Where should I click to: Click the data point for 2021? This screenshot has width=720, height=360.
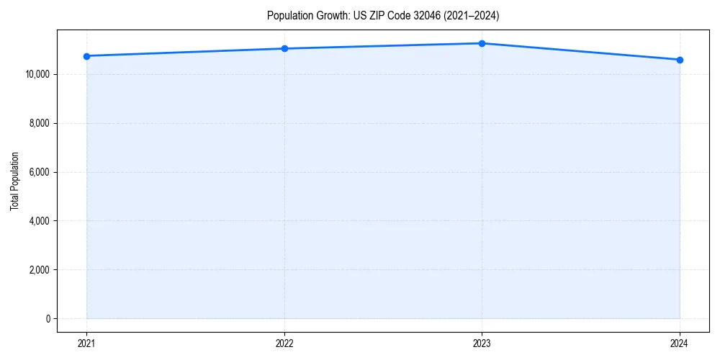click(x=86, y=56)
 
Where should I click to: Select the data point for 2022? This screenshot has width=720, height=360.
click(x=284, y=48)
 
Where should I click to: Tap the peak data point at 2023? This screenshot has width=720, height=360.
click(x=482, y=43)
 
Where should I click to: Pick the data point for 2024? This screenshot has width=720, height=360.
click(x=680, y=60)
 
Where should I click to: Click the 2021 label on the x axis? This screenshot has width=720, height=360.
click(x=86, y=343)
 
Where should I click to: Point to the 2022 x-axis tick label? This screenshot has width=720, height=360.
click(x=284, y=343)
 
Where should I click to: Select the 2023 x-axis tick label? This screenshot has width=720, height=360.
click(x=482, y=343)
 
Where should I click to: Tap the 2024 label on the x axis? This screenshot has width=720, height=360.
click(x=680, y=343)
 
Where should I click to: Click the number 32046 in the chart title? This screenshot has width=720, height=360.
click(x=420, y=15)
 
